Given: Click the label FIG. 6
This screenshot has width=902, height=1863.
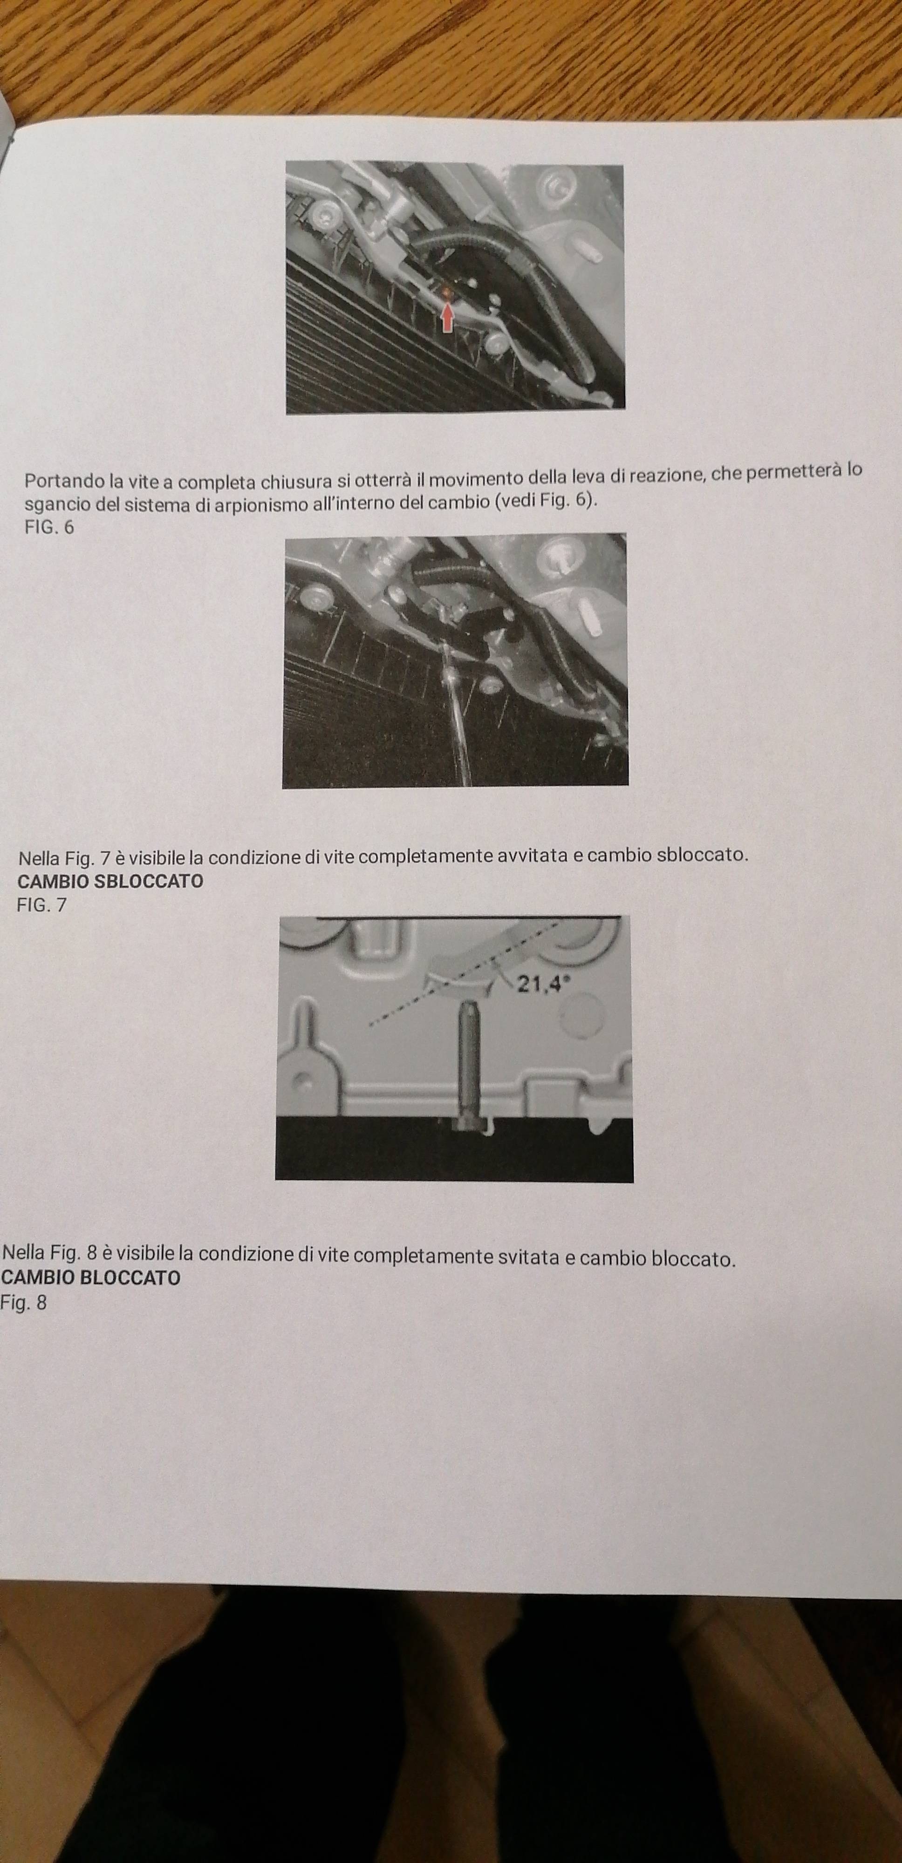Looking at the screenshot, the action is click(49, 527).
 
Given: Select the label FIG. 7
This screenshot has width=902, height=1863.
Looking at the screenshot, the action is click(41, 905).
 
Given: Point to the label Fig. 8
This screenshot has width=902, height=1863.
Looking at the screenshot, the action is click(23, 1303).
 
